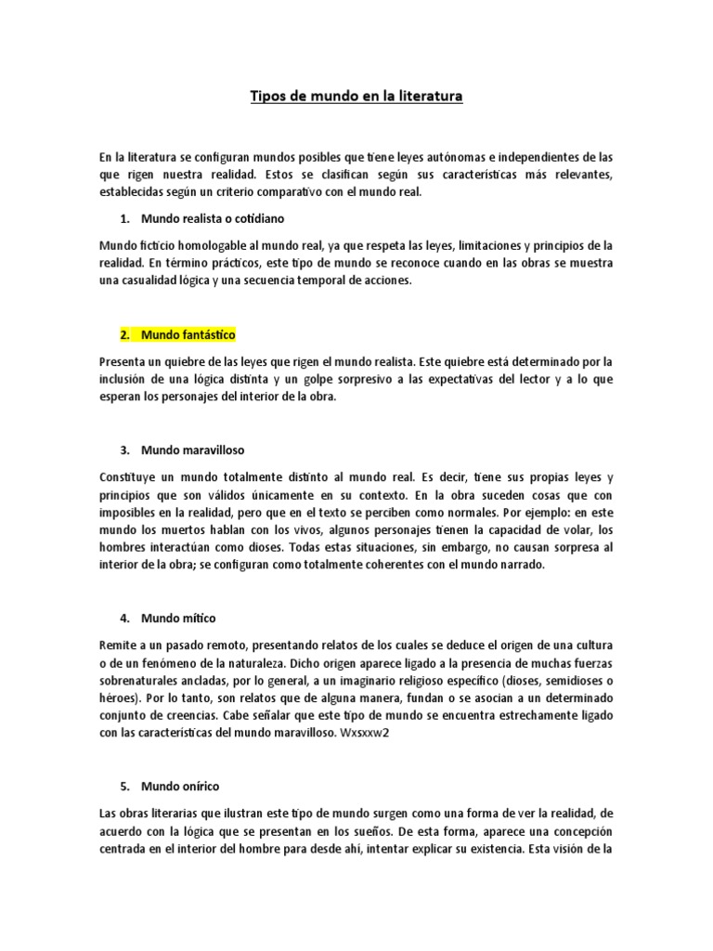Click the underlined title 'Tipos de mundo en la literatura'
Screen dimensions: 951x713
click(356, 96)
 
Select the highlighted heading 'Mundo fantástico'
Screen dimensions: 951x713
click(188, 334)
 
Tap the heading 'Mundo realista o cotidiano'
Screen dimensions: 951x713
click(213, 219)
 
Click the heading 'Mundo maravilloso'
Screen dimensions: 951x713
click(192, 449)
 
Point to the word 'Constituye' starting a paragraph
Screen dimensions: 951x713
click(128, 476)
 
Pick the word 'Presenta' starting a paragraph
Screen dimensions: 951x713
click(123, 361)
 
